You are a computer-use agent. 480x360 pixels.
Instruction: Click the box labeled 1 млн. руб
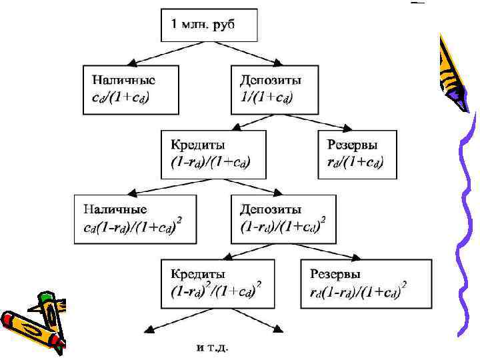[x=208, y=26]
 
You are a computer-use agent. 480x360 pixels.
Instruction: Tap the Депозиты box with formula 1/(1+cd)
[x=273, y=89]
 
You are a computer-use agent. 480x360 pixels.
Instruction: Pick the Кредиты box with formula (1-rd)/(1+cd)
[x=213, y=154]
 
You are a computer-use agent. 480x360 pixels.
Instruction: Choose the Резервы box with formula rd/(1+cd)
[x=357, y=154]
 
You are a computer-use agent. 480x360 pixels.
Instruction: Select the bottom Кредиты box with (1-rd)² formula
[x=217, y=283]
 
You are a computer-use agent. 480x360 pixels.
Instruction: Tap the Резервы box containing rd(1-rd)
[x=360, y=283]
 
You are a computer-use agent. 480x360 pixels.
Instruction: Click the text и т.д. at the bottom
[x=211, y=347]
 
